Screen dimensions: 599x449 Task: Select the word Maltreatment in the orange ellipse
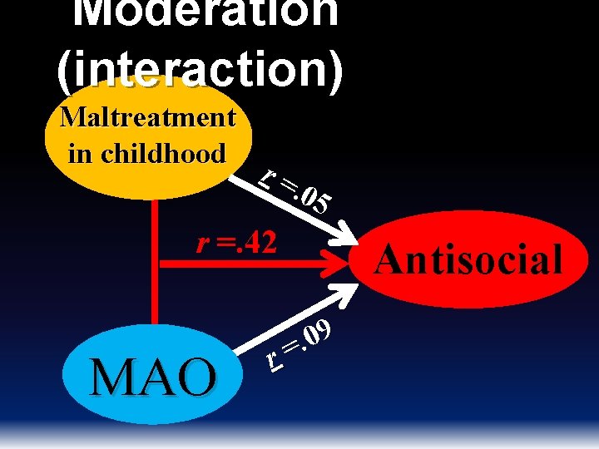click(148, 117)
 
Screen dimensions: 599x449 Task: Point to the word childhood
click(171, 153)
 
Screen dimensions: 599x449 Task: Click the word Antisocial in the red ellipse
click(468, 259)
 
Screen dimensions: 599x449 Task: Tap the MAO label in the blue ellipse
click(153, 377)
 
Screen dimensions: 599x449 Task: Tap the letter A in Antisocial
click(388, 259)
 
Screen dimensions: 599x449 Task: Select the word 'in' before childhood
click(80, 153)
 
